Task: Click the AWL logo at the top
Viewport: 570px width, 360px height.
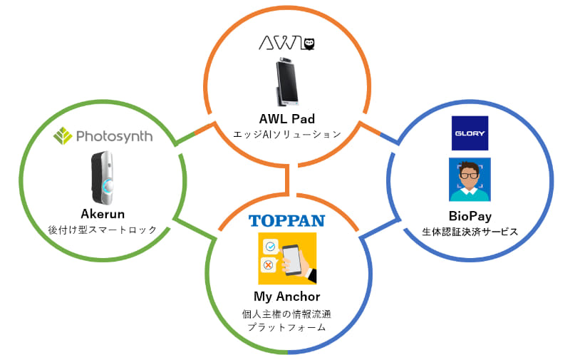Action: coord(286,44)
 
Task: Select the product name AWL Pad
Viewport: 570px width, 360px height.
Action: coord(287,118)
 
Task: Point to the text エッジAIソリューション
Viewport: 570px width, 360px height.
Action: coord(287,134)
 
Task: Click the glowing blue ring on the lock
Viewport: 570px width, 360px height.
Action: coord(109,187)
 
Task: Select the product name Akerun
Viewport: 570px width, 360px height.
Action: coord(104,215)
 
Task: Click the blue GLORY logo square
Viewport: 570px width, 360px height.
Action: coord(470,133)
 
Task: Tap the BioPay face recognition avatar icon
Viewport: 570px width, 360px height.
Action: coord(470,179)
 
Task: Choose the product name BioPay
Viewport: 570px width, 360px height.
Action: coord(469,216)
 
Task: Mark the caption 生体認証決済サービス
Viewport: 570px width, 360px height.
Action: coord(469,232)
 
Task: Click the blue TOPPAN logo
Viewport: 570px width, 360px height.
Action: coord(287,220)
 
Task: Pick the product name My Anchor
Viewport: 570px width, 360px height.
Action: coord(287,297)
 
